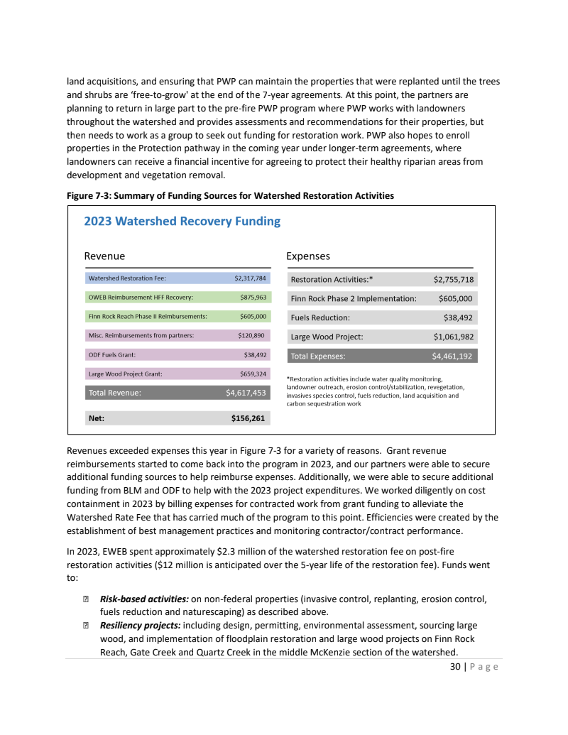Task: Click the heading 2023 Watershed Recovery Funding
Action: click(182, 221)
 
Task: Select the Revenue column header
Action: click(104, 256)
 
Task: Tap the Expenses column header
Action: click(307, 256)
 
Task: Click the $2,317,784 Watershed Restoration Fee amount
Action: click(250, 278)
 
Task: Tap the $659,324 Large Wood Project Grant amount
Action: click(253, 374)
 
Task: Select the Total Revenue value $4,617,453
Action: click(246, 392)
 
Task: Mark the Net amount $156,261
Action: click(248, 418)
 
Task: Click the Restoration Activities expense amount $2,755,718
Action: click(453, 279)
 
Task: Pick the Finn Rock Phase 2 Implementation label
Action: click(354, 298)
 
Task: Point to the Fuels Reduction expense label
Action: click(320, 317)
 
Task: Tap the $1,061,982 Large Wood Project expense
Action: click(453, 337)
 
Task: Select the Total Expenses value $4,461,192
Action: click(453, 356)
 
